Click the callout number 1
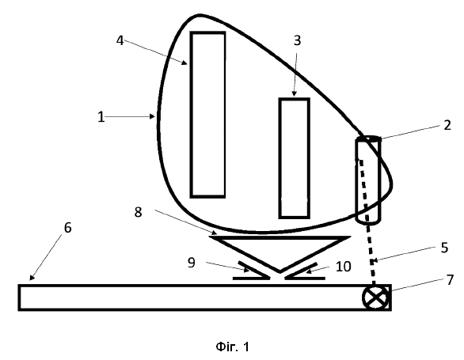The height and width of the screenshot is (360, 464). coord(101,117)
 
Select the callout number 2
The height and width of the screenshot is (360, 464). coord(447,125)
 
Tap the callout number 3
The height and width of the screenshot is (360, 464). coord(297,40)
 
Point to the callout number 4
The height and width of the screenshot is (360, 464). coord(120,40)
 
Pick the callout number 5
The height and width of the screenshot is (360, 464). coord(444,248)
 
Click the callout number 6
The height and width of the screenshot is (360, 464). coord(68,228)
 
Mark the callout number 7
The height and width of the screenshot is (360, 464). coord(450,280)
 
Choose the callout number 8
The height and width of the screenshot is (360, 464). coord(138,212)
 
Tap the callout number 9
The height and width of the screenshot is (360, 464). coord(192,263)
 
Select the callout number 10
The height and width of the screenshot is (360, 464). coord(344,267)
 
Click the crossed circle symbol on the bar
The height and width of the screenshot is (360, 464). coord(375,297)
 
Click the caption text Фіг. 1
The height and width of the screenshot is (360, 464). coord(233,347)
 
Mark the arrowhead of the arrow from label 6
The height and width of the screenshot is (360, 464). coord(32,277)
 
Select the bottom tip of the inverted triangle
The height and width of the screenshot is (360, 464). coord(280,271)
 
